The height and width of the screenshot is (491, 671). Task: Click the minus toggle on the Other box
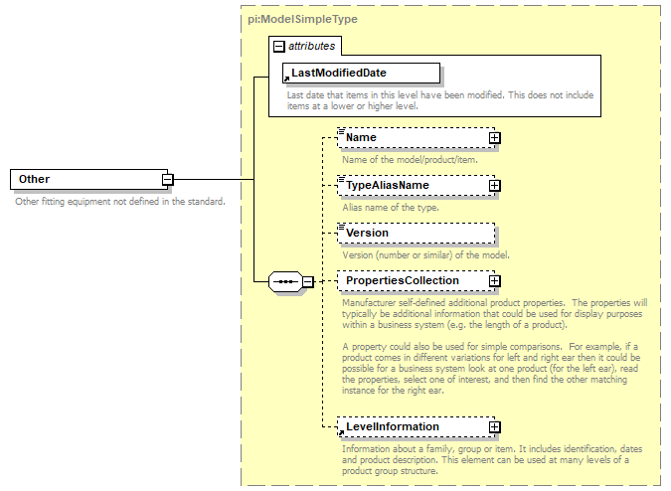point(168,180)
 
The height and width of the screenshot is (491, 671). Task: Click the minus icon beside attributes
point(279,46)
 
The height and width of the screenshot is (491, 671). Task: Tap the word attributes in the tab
point(312,46)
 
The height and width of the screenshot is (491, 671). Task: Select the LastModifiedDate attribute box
point(361,73)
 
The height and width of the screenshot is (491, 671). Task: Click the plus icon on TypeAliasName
point(494,186)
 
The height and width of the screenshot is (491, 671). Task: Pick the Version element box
point(415,234)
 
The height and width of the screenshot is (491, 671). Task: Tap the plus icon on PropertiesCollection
point(494,281)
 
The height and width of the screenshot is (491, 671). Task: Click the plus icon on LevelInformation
point(494,427)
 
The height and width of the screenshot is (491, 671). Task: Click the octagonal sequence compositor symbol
point(285,282)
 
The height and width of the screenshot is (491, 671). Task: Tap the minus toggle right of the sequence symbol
point(308,282)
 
